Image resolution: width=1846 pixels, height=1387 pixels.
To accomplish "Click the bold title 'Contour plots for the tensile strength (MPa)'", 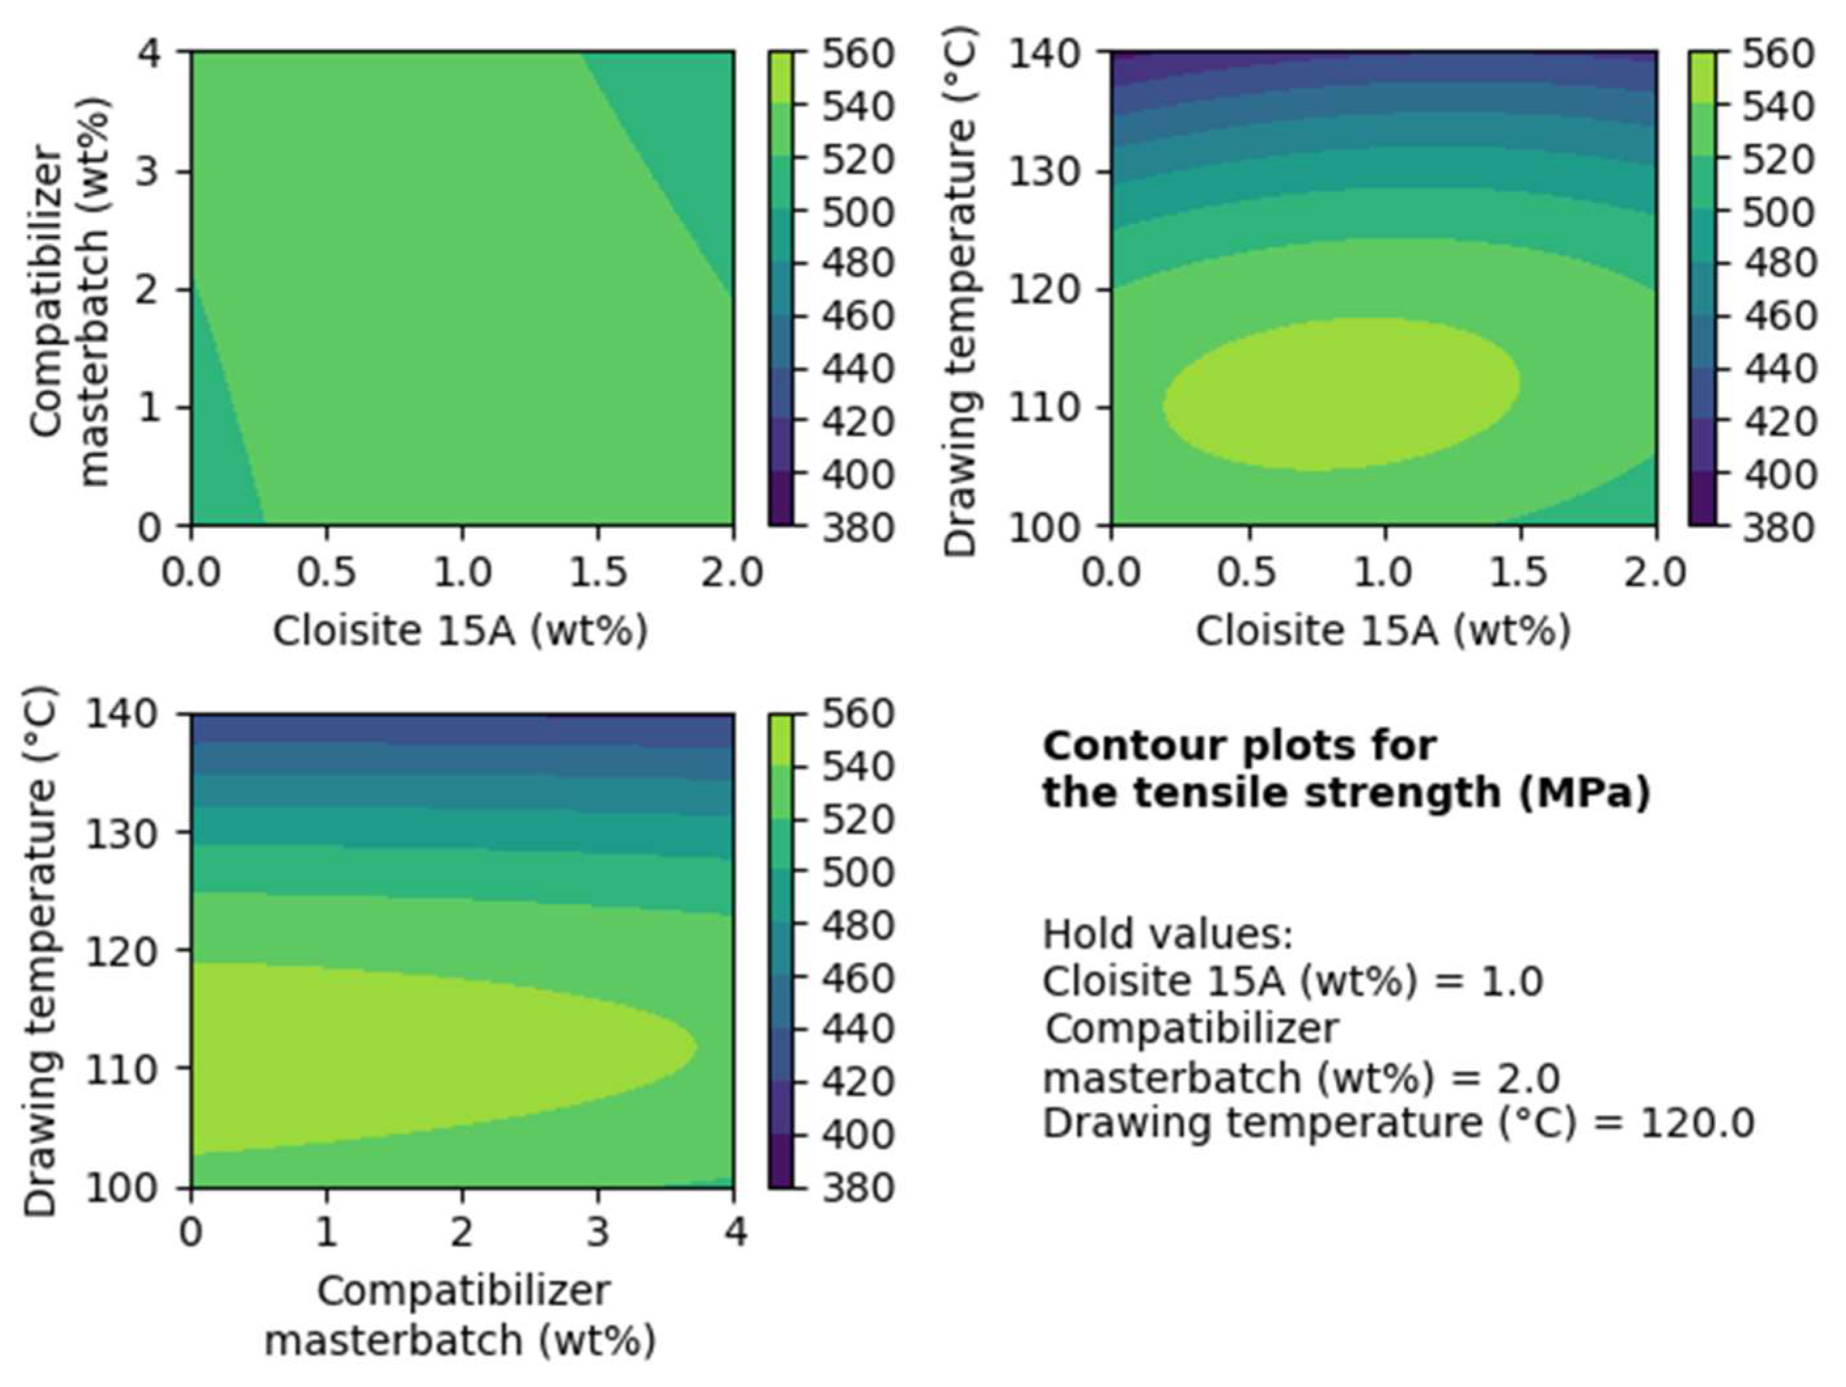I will [1345, 769].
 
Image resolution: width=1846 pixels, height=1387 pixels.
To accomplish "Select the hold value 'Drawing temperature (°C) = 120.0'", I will [1398, 1123].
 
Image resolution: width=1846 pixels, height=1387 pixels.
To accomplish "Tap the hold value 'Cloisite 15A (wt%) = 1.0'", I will [1292, 981].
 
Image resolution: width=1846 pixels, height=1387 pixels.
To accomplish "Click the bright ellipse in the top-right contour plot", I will [1341, 395].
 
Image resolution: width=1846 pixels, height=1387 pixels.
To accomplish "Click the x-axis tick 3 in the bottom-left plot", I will [598, 1233].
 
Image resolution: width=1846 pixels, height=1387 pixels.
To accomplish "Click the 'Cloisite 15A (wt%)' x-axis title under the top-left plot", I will [460, 631].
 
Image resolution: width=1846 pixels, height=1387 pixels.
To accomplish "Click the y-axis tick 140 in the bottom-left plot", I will [122, 715].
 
